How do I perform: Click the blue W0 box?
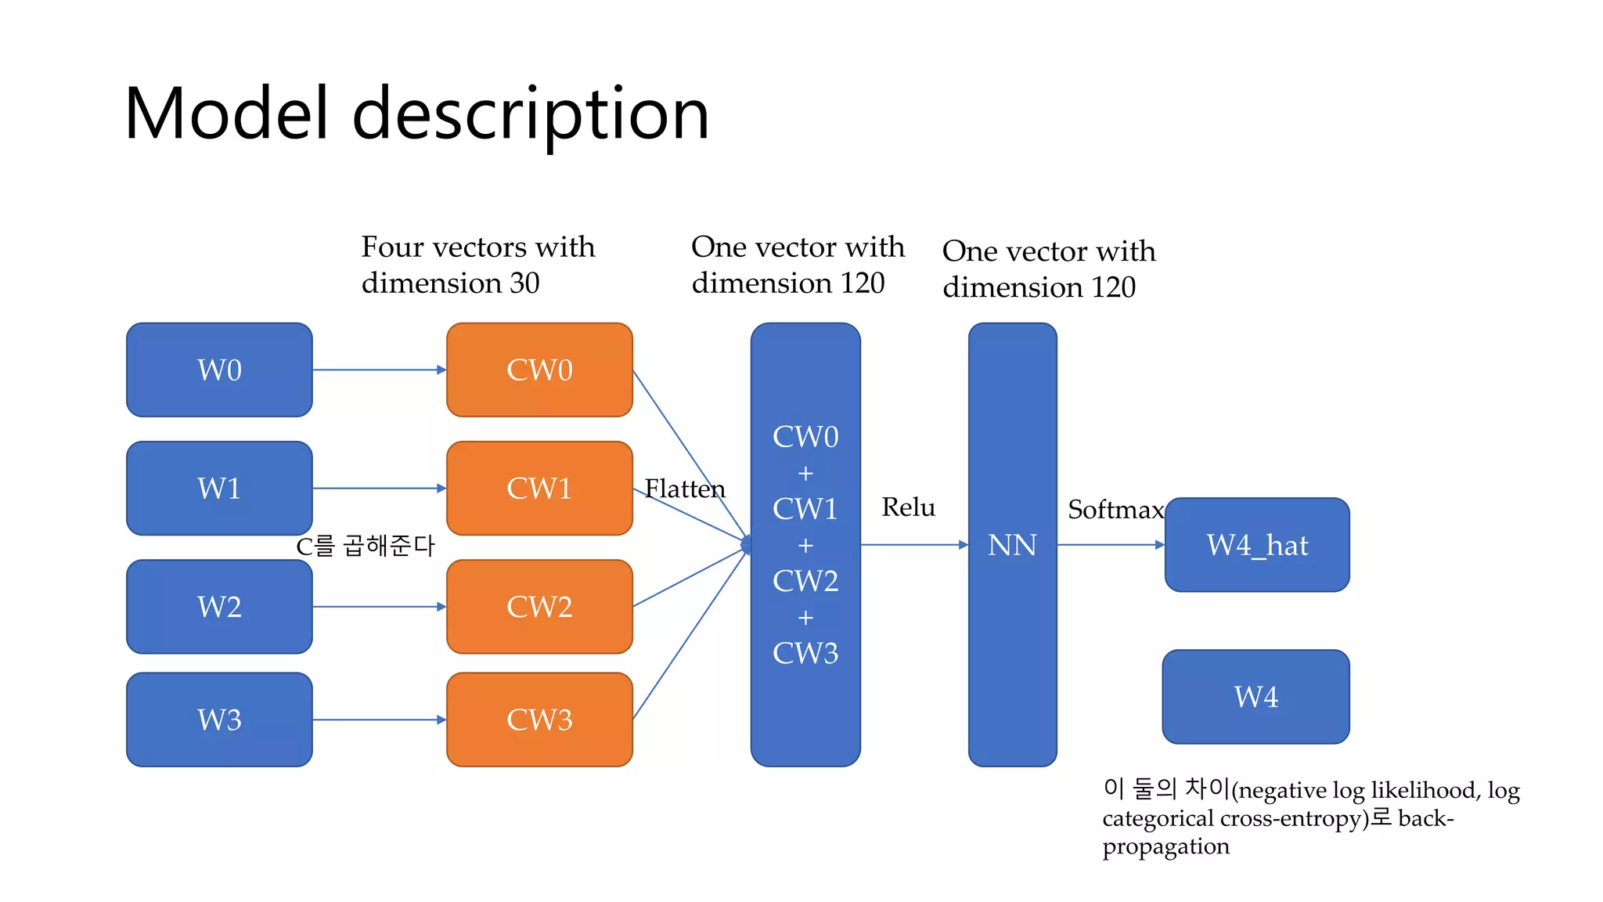point(219,370)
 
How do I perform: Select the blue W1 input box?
point(219,488)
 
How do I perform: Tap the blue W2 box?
point(219,606)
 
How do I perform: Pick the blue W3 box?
point(219,719)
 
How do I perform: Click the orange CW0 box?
point(539,370)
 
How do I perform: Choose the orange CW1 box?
point(539,488)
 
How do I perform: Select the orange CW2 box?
point(539,606)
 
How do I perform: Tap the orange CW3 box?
point(539,719)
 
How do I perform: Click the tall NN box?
point(1012,544)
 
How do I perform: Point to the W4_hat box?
point(1257,544)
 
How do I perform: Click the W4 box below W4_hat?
point(1255,696)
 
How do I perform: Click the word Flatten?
point(684,489)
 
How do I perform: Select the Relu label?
point(908,507)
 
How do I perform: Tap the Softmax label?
point(1115,510)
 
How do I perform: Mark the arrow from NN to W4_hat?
point(1110,544)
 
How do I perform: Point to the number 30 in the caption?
point(524,283)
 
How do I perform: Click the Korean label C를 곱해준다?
point(365,546)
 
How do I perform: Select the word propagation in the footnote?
point(1165,847)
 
